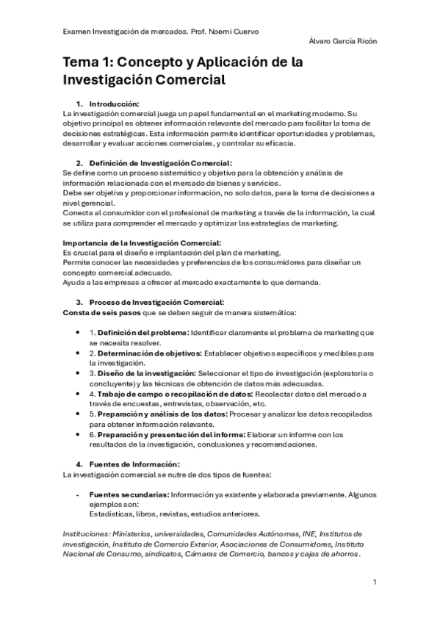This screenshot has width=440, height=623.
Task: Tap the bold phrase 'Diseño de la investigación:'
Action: coord(148,373)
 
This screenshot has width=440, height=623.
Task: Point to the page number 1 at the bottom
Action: coord(375,583)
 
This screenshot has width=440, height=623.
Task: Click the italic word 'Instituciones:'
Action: coord(84,533)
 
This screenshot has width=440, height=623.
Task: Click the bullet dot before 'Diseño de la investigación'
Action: coord(79,373)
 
